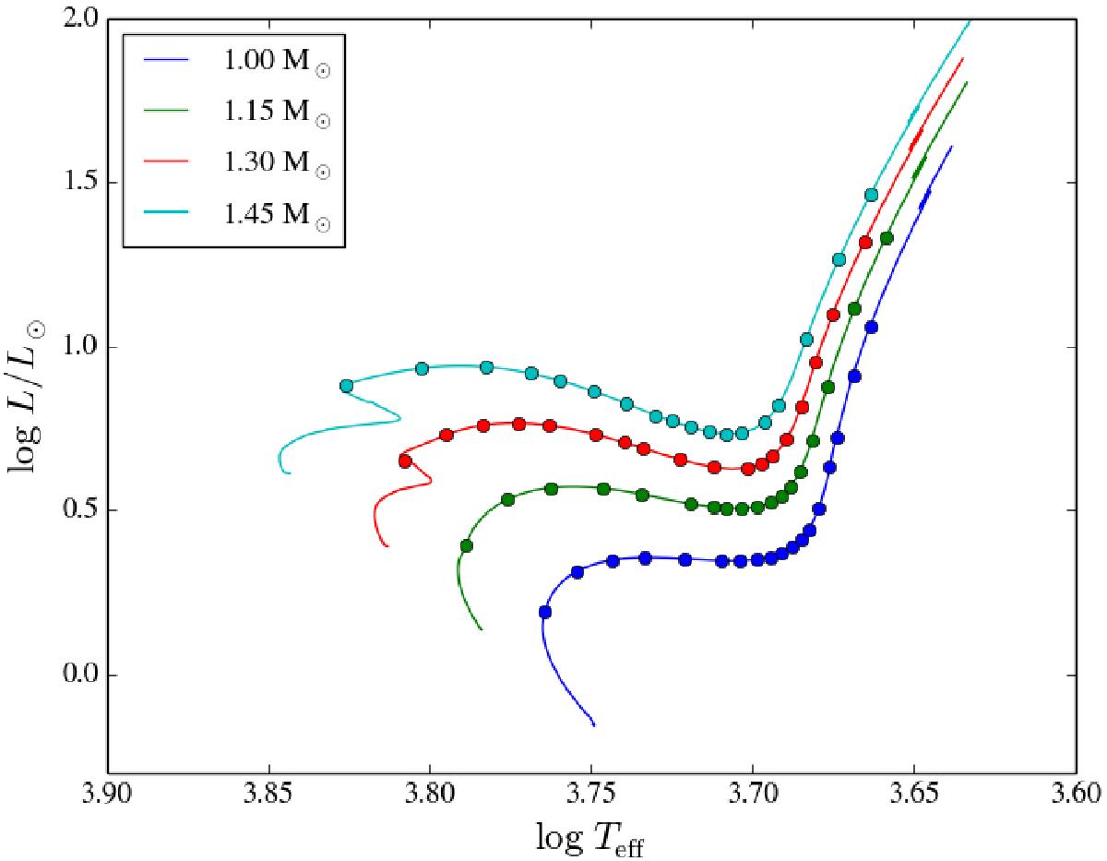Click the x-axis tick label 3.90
(x=108, y=795)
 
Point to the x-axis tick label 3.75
(x=591, y=795)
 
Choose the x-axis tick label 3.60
(x=1076, y=795)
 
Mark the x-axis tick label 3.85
(x=268, y=795)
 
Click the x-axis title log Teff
(x=589, y=838)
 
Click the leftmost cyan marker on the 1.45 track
(x=347, y=386)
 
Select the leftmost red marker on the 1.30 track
(x=405, y=460)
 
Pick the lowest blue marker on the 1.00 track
(x=545, y=612)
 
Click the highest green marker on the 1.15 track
(x=887, y=238)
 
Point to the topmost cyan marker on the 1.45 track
(x=871, y=195)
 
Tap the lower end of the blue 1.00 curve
(x=594, y=725)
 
